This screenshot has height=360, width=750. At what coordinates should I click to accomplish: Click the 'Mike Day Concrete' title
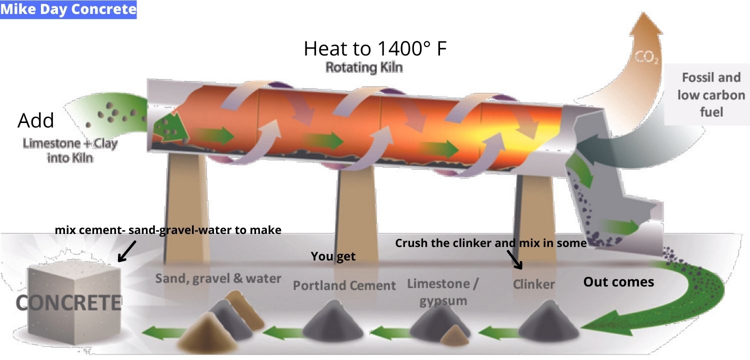pyautogui.click(x=68, y=9)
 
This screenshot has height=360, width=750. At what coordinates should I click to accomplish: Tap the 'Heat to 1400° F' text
pyautogui.click(x=374, y=48)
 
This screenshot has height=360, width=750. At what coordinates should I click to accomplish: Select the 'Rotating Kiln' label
pyautogui.click(x=363, y=67)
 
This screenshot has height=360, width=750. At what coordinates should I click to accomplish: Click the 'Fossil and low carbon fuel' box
pyautogui.click(x=710, y=94)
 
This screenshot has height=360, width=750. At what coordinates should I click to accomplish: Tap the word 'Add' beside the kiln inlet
pyautogui.click(x=35, y=120)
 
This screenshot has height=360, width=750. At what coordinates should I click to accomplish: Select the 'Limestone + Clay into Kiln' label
pyautogui.click(x=70, y=150)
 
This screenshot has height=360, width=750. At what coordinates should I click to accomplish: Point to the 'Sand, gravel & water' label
pyautogui.click(x=218, y=278)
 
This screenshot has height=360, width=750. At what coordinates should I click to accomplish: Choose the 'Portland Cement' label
pyautogui.click(x=344, y=285)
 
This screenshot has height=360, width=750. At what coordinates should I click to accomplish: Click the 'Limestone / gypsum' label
pyautogui.click(x=442, y=291)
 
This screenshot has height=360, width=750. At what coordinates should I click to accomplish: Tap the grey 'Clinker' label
pyautogui.click(x=533, y=284)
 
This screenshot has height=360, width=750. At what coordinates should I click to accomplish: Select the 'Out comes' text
pyautogui.click(x=618, y=282)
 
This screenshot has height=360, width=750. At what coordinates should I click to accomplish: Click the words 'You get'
pyautogui.click(x=333, y=256)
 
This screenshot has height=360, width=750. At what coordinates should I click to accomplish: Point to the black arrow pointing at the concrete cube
pyautogui.click(x=126, y=250)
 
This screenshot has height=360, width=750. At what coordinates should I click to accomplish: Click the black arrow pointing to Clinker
pyautogui.click(x=514, y=259)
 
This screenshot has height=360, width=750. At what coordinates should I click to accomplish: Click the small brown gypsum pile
pyautogui.click(x=454, y=335)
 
